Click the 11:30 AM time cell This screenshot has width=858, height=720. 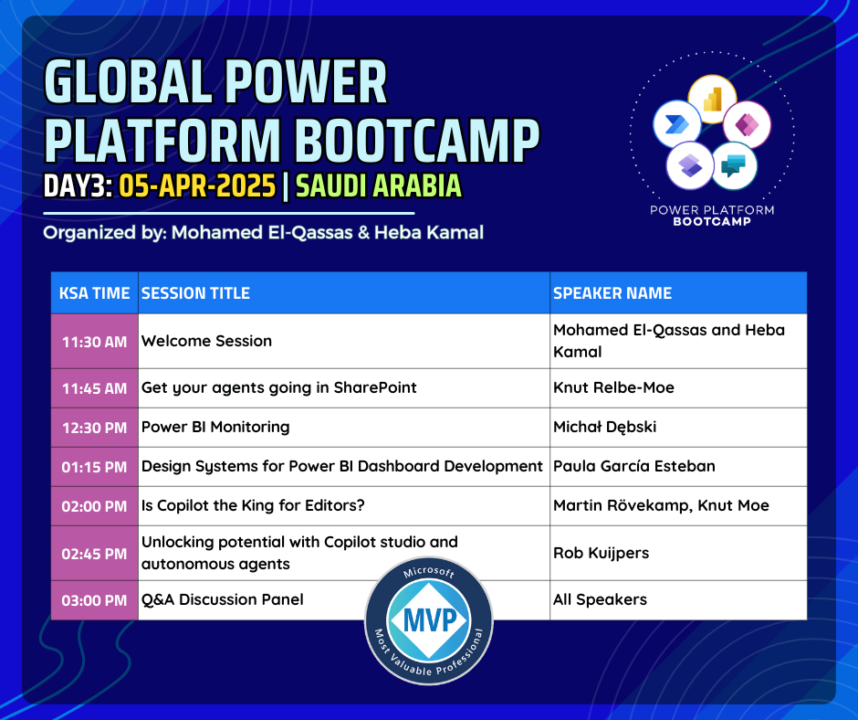tap(94, 342)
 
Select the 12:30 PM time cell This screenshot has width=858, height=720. tap(94, 428)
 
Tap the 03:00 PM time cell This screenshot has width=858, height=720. tap(94, 600)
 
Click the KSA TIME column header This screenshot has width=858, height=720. tap(94, 293)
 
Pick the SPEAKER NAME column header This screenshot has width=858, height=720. tap(612, 293)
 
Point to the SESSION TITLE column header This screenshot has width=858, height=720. tap(195, 293)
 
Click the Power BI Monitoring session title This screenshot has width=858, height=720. tap(215, 427)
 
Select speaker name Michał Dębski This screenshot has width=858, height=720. tap(604, 427)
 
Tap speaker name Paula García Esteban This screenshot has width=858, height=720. tap(634, 466)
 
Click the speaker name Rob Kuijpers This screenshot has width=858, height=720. tap(601, 553)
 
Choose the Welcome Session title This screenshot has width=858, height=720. tap(206, 341)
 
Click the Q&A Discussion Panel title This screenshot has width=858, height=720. tap(222, 599)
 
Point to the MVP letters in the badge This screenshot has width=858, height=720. tap(429, 620)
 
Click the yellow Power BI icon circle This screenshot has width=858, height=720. tap(712, 100)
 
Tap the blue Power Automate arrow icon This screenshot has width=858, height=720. tap(677, 124)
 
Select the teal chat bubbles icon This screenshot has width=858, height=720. tap(734, 166)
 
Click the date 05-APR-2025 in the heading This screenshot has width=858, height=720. tap(197, 185)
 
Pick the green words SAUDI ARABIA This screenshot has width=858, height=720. tap(379, 185)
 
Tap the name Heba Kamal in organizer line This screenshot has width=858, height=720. tap(429, 232)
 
